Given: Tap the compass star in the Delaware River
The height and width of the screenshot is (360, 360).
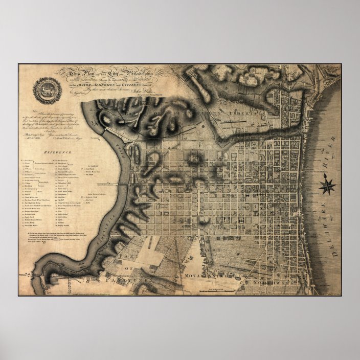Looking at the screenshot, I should (327, 185).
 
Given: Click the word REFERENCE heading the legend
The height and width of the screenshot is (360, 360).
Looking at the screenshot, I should (57, 152).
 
